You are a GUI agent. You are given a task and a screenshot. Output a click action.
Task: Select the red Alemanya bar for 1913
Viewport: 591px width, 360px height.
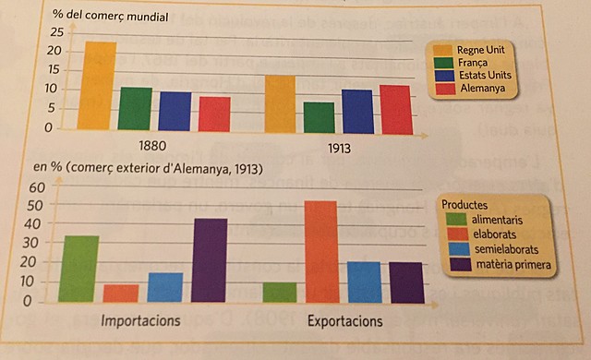coord(394,110)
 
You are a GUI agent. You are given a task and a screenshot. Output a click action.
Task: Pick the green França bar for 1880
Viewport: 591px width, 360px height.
coord(136,108)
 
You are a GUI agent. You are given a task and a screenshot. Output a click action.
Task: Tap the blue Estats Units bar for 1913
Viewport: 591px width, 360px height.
coord(356,112)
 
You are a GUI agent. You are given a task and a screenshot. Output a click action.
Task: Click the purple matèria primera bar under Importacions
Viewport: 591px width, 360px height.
coord(210,260)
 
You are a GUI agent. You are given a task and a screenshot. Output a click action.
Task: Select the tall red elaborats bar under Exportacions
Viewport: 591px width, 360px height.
coord(320,251)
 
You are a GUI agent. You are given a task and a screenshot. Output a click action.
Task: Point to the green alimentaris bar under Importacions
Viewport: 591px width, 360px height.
coord(78,269)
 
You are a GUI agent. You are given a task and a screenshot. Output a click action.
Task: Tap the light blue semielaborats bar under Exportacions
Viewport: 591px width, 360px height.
coord(364,282)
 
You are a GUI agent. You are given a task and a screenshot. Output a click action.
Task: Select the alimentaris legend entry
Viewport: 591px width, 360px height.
coord(499,220)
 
